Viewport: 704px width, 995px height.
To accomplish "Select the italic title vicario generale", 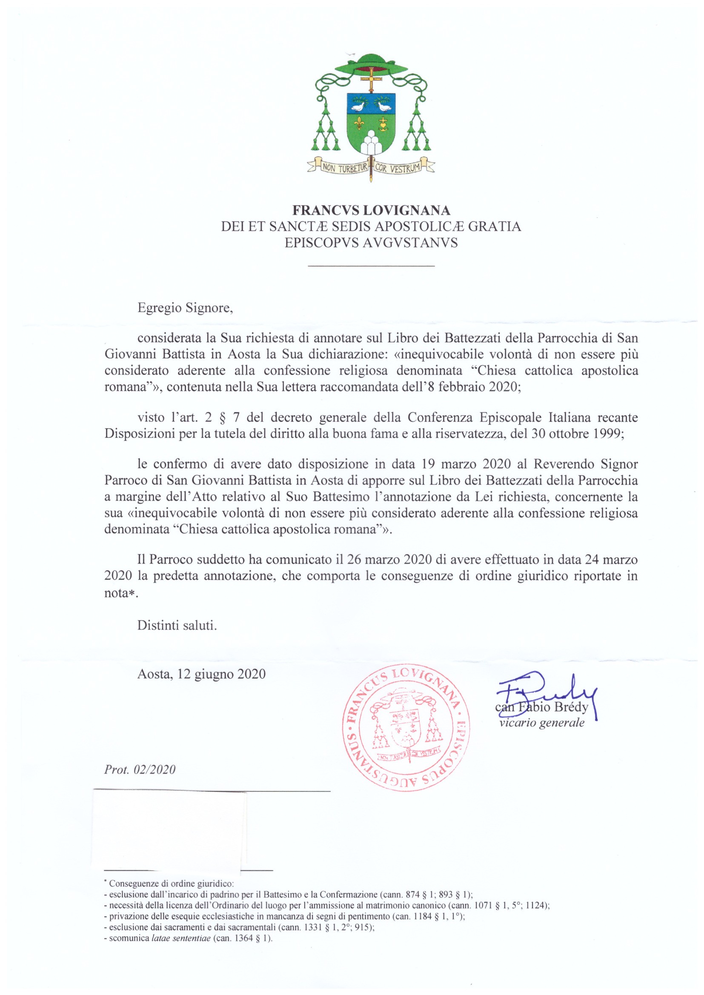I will click(542, 723).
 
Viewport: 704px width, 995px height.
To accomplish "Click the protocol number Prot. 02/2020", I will click(140, 769).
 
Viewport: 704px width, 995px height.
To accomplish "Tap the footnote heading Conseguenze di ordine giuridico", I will click(172, 883).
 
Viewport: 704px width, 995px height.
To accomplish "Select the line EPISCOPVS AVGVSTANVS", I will click(371, 243).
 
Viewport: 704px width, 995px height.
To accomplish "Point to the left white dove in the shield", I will click(358, 105).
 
